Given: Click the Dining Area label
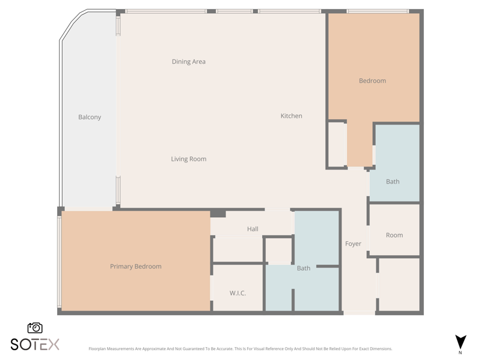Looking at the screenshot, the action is click(x=189, y=62).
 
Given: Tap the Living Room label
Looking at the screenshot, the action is click(x=189, y=159).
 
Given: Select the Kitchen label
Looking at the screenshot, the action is click(x=292, y=116).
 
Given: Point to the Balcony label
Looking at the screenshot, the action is click(x=90, y=117).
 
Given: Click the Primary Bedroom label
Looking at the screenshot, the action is click(x=136, y=267).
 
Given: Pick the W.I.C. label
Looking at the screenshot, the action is click(x=237, y=293).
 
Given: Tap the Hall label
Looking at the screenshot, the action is click(x=253, y=229).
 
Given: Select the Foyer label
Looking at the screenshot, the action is click(x=353, y=244).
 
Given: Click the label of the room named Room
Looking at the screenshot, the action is click(x=394, y=235).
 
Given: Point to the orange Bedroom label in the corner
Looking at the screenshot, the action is click(x=372, y=81).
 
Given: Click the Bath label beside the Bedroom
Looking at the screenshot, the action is click(x=393, y=182).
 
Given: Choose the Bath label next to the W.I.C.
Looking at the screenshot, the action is click(x=304, y=268).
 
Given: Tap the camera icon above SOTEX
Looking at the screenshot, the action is click(x=35, y=328).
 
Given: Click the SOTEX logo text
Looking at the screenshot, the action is click(x=35, y=344).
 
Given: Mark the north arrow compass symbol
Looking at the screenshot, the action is click(x=461, y=342).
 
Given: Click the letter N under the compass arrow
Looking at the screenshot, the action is click(x=460, y=353).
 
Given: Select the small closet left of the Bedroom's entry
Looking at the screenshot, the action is click(x=337, y=144).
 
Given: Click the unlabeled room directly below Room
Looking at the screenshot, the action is click(x=399, y=285).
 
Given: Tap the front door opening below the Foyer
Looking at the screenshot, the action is click(x=359, y=313).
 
